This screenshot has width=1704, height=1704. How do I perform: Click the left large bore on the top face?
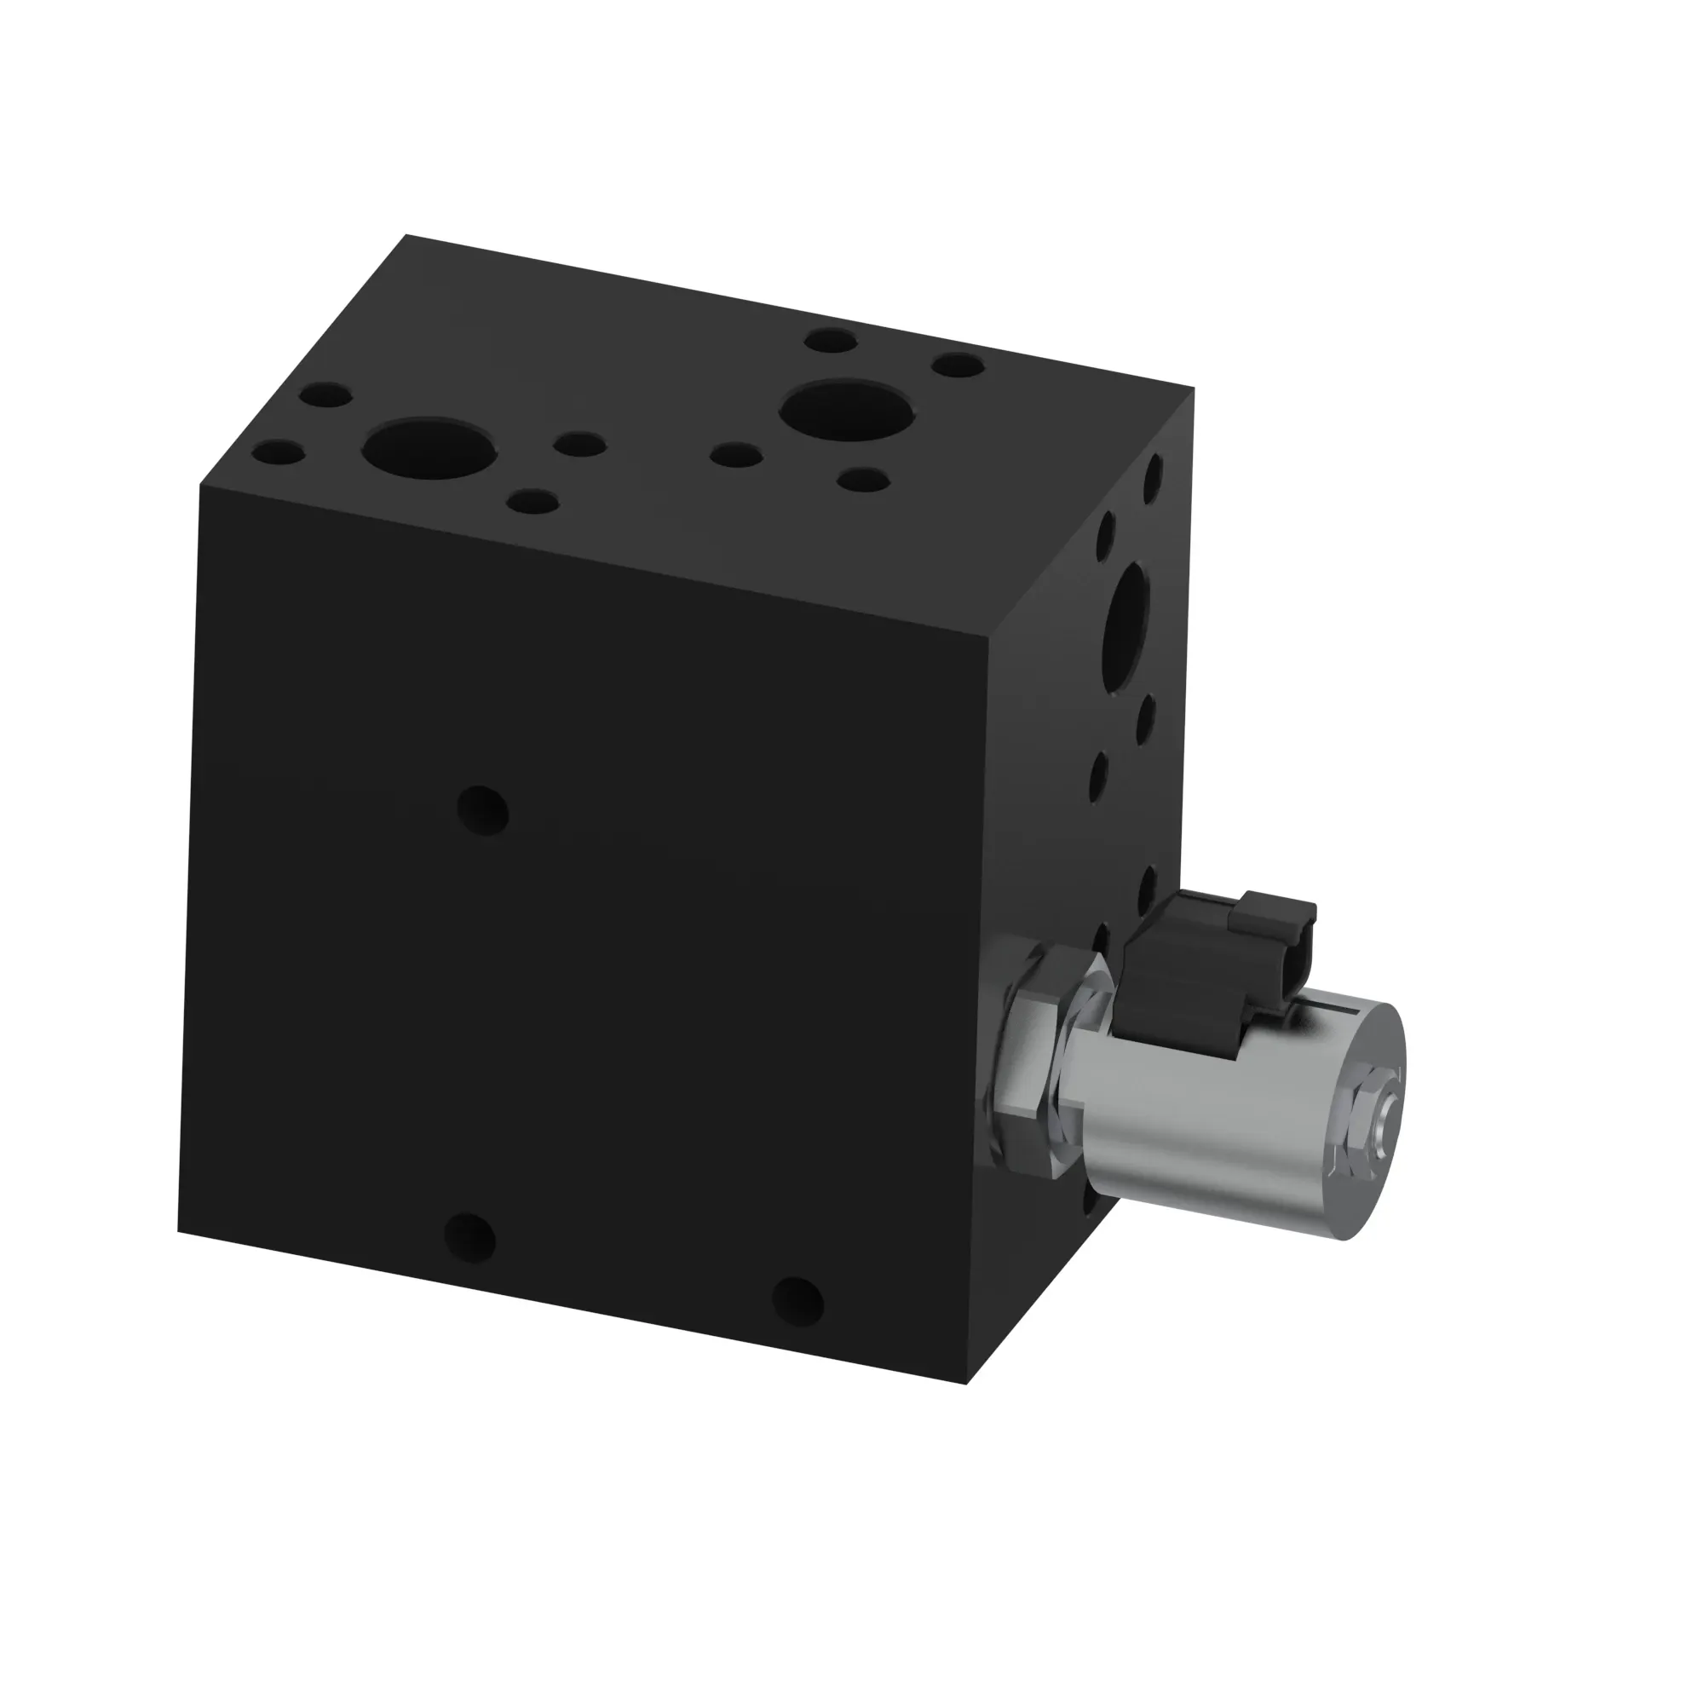(x=429, y=449)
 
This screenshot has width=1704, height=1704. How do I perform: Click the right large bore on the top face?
(x=847, y=411)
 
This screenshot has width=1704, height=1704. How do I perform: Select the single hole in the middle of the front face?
(x=483, y=810)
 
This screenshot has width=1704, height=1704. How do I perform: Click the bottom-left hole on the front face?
(x=470, y=1237)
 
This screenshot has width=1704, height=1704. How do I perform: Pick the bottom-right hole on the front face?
(x=797, y=1301)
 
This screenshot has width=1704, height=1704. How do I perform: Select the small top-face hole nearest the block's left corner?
(x=279, y=454)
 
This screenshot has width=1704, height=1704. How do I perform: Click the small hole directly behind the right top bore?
(x=831, y=341)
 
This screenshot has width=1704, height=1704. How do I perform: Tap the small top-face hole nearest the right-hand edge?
(x=958, y=365)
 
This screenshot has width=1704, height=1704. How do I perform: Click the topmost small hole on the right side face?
(x=1152, y=477)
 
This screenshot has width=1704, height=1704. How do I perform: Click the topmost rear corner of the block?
(x=406, y=234)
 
